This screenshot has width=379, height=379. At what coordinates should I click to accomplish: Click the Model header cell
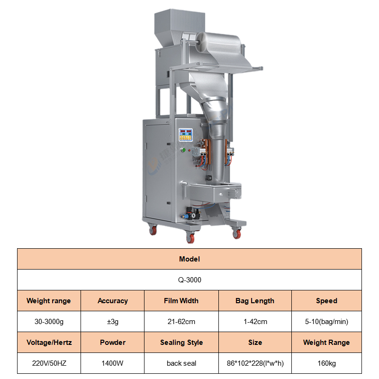pos(189,259)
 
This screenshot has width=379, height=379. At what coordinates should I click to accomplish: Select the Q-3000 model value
pos(189,280)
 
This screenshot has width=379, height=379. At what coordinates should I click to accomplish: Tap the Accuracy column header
pos(112,300)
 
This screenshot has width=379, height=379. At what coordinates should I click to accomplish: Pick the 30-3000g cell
pos(49,322)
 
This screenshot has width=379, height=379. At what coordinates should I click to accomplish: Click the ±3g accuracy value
pos(113,322)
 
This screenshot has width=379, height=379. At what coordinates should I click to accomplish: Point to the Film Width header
pos(181,300)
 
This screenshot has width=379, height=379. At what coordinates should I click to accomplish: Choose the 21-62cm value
pos(181,322)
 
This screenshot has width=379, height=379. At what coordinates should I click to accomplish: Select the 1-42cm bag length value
pos(255,322)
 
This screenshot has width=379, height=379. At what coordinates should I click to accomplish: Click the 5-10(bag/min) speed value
pos(326,322)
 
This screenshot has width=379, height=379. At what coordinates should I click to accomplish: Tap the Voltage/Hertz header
pos(49,342)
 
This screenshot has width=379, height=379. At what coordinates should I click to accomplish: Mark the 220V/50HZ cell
pos(49,363)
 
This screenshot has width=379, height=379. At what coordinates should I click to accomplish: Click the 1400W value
pos(112,363)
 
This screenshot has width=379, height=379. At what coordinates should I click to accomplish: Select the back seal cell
pos(181,363)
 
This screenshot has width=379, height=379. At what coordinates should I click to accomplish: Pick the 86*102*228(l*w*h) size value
pos(255,363)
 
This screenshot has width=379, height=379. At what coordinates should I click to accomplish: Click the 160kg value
pos(326,363)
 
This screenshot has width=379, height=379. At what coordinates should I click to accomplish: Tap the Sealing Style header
pos(181,342)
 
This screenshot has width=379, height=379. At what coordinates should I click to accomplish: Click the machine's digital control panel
pos(186,135)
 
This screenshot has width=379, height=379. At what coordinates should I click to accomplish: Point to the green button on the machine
pos(184,150)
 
